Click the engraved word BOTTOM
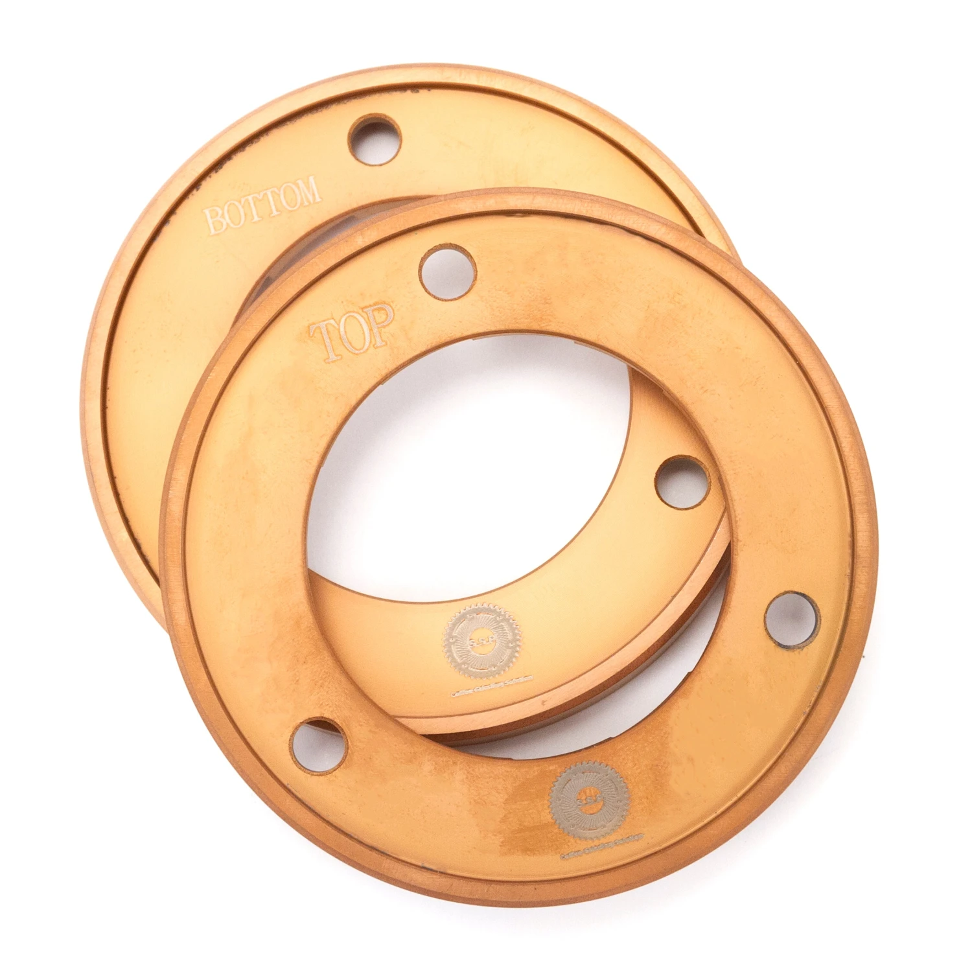[x=262, y=205]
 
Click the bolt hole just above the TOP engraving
[x=448, y=272]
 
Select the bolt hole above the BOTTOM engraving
[x=375, y=139]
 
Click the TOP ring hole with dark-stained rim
[x=792, y=619]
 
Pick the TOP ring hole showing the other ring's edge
[x=318, y=745]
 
